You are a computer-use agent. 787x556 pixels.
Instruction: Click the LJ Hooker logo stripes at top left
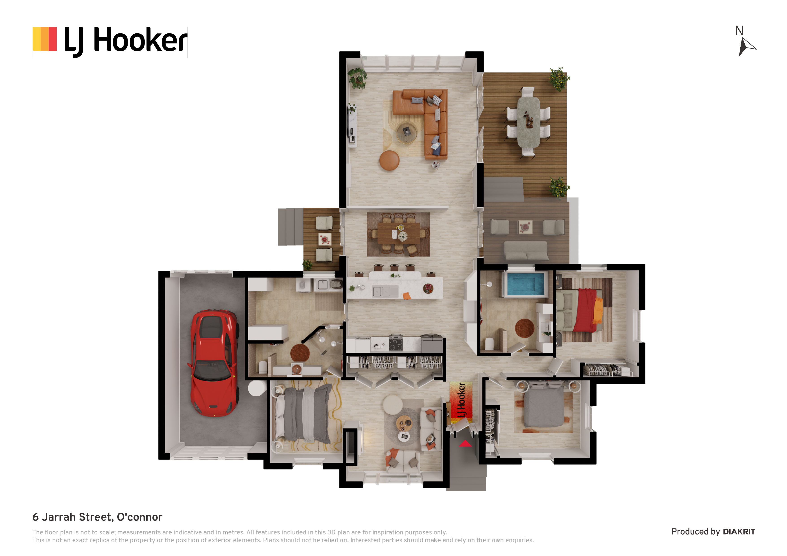click(x=45, y=39)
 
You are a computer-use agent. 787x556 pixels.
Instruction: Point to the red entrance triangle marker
click(x=465, y=444)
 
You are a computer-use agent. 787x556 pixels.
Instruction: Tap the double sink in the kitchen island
click(x=381, y=291)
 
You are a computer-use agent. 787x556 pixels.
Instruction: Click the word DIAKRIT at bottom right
click(x=739, y=532)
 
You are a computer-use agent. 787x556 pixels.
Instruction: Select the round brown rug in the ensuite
click(x=525, y=328)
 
